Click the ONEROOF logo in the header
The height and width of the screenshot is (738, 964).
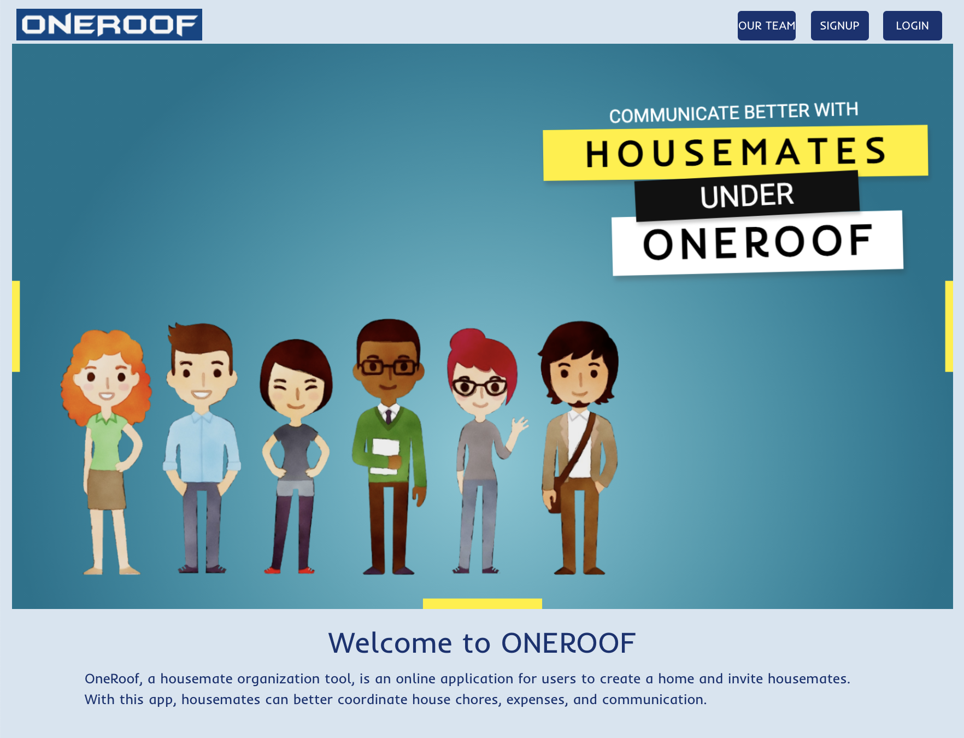pyautogui.click(x=109, y=25)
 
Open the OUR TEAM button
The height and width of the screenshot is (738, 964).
pyautogui.click(x=767, y=26)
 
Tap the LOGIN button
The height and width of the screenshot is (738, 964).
pyautogui.click(x=913, y=26)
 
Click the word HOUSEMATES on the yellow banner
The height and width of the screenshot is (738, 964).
pyautogui.click(x=736, y=153)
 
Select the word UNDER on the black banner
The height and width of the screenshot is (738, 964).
pyautogui.click(x=747, y=196)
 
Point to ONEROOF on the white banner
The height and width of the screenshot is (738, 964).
pyautogui.click(x=757, y=242)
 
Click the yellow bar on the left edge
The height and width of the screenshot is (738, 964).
pyautogui.click(x=16, y=326)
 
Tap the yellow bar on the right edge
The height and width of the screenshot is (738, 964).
pyautogui.click(x=949, y=326)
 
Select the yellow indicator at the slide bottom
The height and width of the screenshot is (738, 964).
pyautogui.click(x=483, y=604)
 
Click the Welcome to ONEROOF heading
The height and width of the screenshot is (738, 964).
pyautogui.click(x=482, y=643)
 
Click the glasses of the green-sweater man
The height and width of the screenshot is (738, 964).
pyautogui.click(x=389, y=366)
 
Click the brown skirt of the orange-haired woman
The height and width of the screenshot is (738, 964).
pyautogui.click(x=107, y=489)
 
